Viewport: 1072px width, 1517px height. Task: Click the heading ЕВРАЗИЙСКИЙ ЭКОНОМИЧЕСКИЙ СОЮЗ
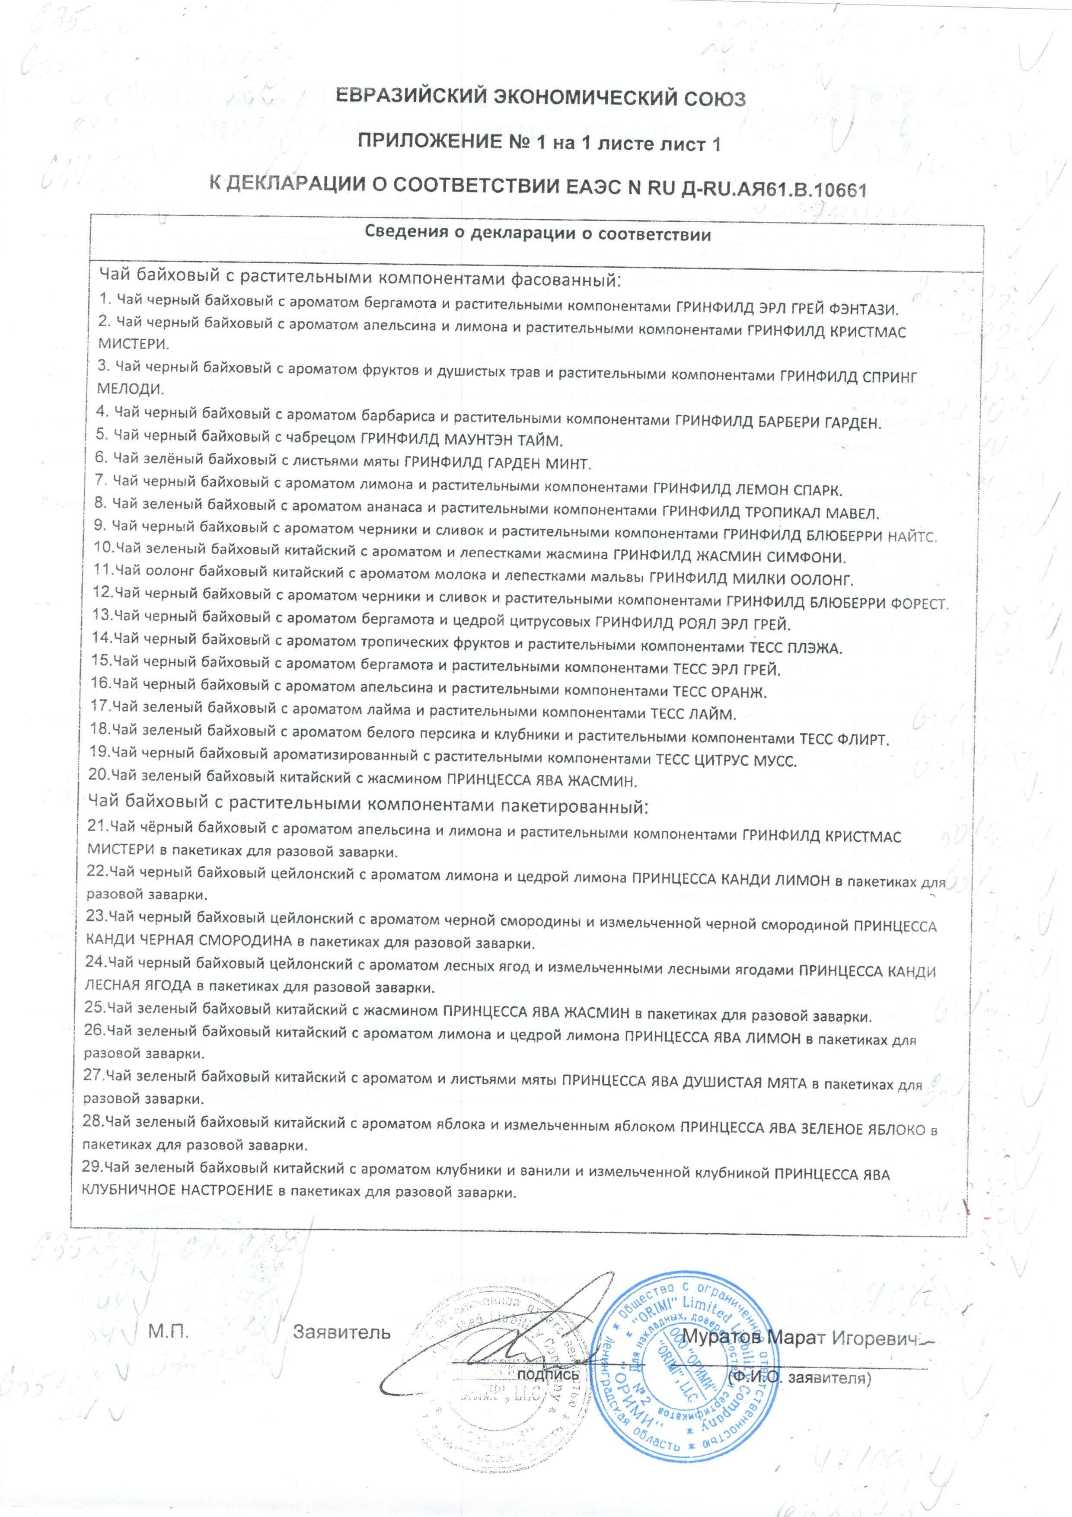540,99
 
